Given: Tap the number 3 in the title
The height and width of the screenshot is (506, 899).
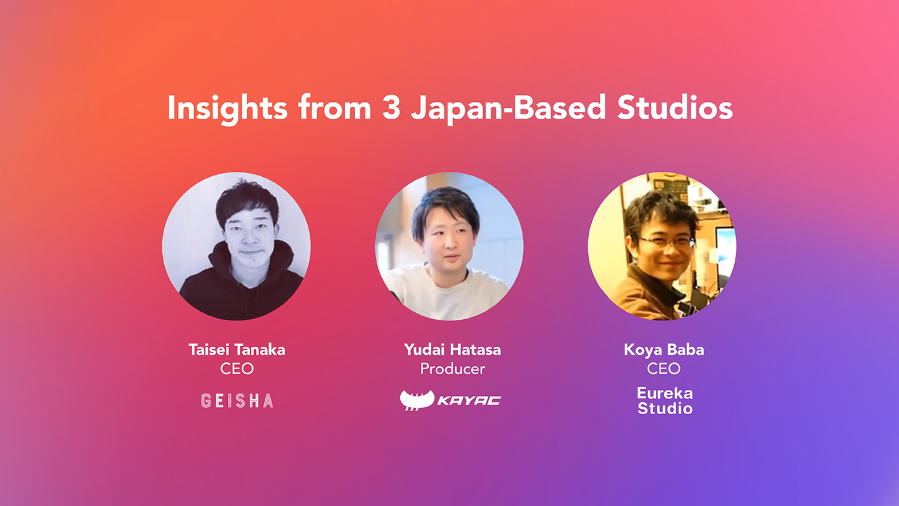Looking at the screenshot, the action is [391, 107].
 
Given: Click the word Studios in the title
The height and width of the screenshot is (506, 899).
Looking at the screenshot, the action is [675, 107].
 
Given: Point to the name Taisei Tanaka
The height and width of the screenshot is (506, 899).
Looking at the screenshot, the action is [237, 350].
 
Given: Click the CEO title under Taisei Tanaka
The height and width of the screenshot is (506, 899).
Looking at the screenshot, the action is [237, 369].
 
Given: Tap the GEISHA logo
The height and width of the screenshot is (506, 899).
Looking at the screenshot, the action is [237, 401].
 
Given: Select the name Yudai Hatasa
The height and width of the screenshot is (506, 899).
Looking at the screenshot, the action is [452, 350].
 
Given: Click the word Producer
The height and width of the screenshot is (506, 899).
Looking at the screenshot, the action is [452, 369].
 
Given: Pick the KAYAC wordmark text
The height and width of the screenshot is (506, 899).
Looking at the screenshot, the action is [469, 400].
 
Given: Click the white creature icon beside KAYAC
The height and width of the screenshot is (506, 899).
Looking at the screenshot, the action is [417, 400].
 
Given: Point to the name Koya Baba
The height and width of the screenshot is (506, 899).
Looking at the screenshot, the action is [664, 350].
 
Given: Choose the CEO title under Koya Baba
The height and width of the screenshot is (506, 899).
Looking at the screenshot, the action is [664, 369].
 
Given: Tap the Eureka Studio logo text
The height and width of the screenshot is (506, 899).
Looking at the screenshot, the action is [665, 401].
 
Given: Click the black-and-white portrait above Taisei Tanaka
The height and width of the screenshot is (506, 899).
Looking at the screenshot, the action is [237, 246].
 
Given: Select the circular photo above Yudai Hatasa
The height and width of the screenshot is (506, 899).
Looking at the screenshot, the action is [449, 246].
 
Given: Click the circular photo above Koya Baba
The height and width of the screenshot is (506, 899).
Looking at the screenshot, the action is [662, 246].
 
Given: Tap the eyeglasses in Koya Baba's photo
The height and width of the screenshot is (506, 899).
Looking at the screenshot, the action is [666, 242].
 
